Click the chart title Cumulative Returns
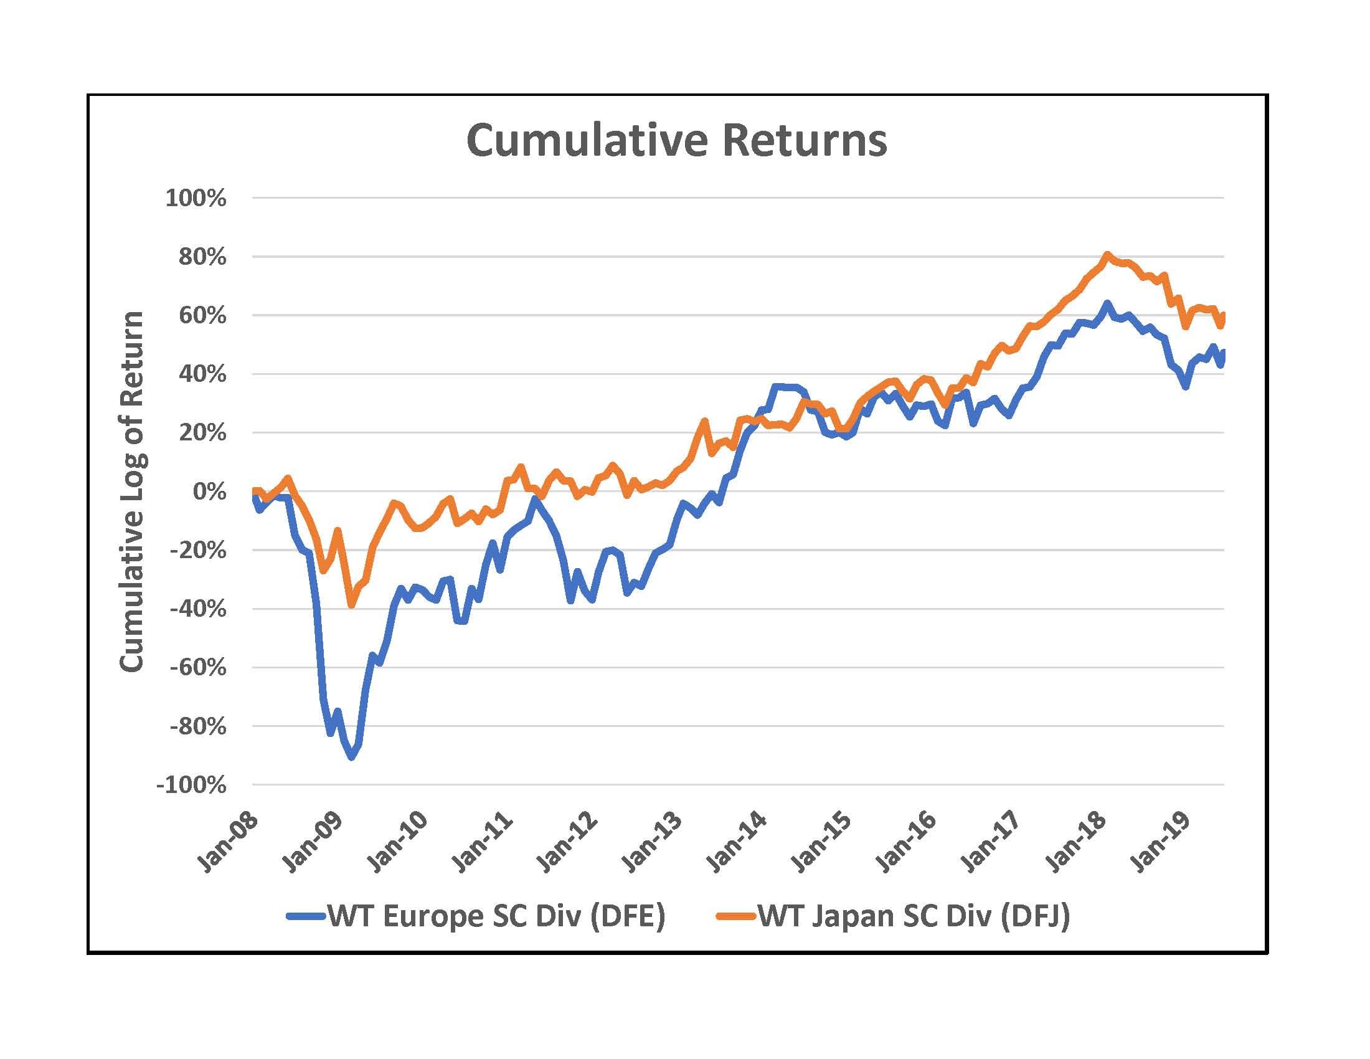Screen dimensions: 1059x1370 click(677, 141)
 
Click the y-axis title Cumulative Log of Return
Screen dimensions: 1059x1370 click(133, 492)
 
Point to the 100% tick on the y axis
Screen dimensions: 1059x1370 click(196, 198)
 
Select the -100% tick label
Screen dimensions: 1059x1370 click(191, 785)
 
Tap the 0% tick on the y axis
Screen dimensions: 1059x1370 click(209, 492)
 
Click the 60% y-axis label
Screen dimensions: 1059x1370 click(202, 316)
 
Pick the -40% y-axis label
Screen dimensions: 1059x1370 click(197, 609)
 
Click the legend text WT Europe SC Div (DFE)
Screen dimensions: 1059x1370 click(496, 916)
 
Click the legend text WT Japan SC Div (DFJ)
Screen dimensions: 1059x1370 click(914, 916)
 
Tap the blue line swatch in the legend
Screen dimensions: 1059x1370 click(306, 916)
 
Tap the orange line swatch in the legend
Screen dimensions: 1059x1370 click(736, 916)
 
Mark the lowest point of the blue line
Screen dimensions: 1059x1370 click(351, 757)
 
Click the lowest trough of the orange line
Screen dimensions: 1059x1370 click(351, 605)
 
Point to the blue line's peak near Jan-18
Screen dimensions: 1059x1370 click(1107, 303)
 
